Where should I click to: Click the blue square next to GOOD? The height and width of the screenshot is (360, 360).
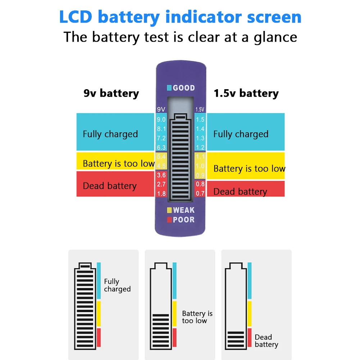(169, 88)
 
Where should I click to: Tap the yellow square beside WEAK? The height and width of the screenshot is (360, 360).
(169, 210)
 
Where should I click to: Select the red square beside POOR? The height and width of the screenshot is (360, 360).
(169, 220)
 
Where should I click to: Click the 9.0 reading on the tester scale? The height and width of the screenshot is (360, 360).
(161, 119)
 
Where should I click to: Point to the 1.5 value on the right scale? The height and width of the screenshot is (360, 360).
(200, 119)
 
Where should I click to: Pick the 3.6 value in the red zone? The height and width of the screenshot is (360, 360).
(161, 175)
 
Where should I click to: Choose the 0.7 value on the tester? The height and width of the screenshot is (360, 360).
(200, 193)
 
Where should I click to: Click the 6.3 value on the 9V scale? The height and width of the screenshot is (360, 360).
(161, 147)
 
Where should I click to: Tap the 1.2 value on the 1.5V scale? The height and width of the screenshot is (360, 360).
(200, 147)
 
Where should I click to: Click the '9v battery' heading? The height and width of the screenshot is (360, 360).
(111, 93)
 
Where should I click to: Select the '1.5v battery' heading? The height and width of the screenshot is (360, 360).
(246, 93)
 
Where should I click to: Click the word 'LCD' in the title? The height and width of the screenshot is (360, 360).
(76, 17)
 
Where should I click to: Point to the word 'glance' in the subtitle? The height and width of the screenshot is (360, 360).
(275, 37)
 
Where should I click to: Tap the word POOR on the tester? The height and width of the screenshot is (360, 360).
(184, 220)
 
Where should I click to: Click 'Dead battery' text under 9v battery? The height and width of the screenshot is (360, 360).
(110, 186)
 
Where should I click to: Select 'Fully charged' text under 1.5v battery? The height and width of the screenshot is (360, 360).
(241, 134)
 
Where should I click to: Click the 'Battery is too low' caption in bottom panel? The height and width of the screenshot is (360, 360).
(197, 317)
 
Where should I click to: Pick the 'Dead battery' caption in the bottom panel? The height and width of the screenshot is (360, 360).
(266, 341)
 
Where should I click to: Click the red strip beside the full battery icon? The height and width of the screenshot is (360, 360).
(99, 337)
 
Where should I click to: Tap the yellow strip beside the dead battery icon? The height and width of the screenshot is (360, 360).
(250, 313)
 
